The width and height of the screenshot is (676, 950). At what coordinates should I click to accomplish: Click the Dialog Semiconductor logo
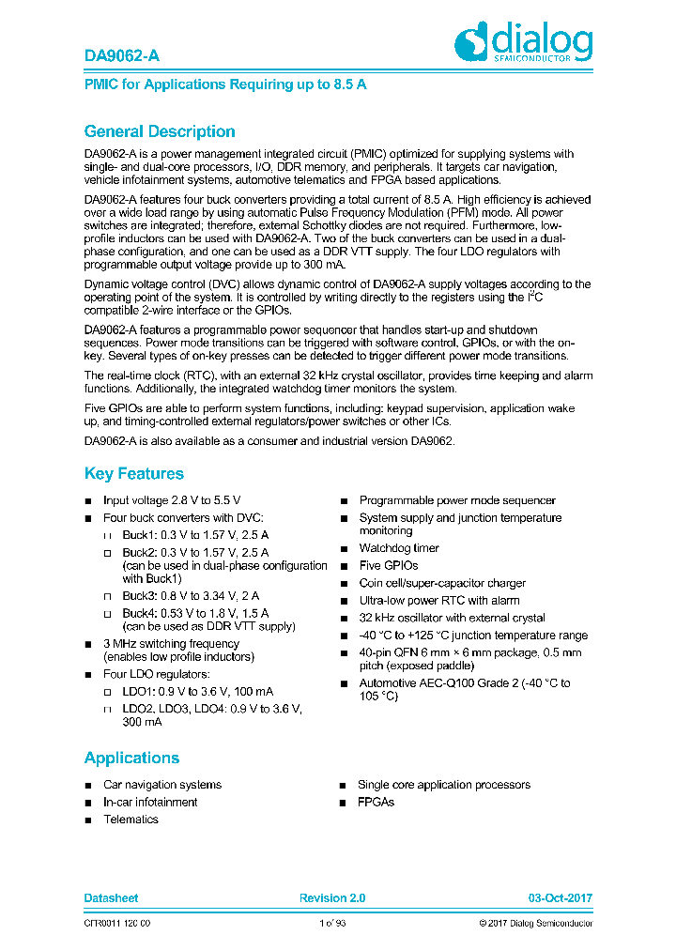pyautogui.click(x=523, y=43)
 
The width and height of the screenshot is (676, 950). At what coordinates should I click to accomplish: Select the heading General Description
pyautogui.click(x=160, y=131)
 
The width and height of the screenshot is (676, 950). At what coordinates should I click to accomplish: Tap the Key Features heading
pyautogui.click(x=133, y=474)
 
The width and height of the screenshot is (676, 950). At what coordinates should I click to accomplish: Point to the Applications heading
pyautogui.click(x=131, y=758)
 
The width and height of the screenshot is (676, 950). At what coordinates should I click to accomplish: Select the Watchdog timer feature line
pyautogui.click(x=398, y=548)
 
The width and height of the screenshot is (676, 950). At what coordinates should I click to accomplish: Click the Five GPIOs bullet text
pyautogui.click(x=388, y=566)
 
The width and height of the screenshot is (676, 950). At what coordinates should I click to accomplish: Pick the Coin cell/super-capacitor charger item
pyautogui.click(x=442, y=583)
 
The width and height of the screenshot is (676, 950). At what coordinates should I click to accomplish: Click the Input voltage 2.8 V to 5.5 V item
pyautogui.click(x=171, y=501)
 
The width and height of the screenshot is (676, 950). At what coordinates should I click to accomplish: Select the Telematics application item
pyautogui.click(x=131, y=820)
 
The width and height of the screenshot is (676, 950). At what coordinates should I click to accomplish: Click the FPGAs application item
pyautogui.click(x=376, y=803)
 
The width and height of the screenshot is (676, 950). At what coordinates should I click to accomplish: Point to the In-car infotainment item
pyautogui.click(x=150, y=803)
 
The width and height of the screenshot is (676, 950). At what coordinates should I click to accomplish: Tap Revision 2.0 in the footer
pyautogui.click(x=332, y=898)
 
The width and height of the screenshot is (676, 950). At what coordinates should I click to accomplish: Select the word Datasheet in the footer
pyautogui.click(x=111, y=898)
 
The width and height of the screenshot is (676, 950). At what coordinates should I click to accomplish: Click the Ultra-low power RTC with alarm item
pyautogui.click(x=438, y=601)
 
